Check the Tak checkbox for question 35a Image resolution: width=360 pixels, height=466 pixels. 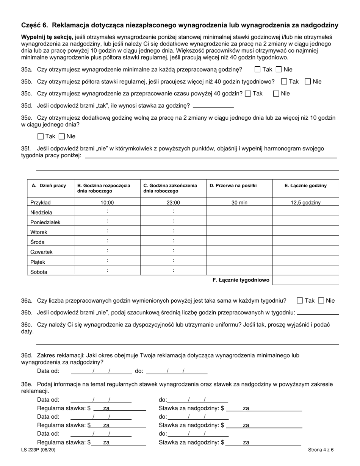pos(258,70)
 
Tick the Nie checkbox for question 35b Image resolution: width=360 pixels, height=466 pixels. pos(308,81)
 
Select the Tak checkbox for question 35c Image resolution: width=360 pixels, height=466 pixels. pos(248,94)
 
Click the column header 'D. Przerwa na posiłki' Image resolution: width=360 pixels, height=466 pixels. pos(233,186)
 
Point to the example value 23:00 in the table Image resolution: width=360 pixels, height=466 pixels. pos(173,203)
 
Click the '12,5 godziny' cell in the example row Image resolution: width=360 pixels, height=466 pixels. pos(305,203)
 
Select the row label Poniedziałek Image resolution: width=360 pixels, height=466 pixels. pos(45,222)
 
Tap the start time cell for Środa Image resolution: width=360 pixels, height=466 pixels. pos(107,241)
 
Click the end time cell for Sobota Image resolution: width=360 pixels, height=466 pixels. pos(173,271)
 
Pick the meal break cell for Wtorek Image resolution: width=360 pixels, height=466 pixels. pos(239,231)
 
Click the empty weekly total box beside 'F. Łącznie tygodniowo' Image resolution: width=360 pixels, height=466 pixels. pos(305,280)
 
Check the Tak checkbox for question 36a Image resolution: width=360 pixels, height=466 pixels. pos(300,301)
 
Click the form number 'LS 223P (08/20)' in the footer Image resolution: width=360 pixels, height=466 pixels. pos(41,450)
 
